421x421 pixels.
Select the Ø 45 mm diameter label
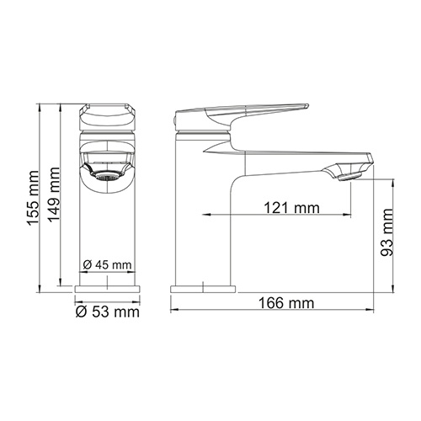pos(109,265)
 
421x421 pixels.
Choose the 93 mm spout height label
pos(388,237)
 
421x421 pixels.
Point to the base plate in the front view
pos(107,290)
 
